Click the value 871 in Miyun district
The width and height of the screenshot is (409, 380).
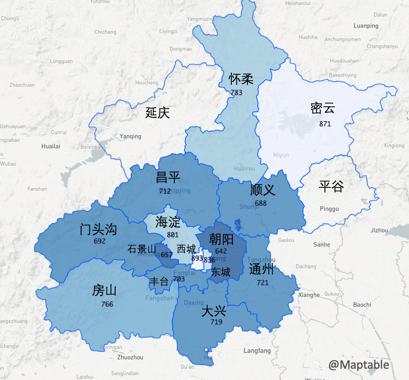(x=325, y=124)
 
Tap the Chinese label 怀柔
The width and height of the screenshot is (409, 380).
(x=241, y=79)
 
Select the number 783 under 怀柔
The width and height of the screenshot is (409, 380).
(x=237, y=92)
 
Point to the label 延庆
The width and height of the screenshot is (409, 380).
(x=157, y=113)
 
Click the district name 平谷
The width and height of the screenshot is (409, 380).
(x=331, y=187)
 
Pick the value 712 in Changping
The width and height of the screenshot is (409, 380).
(x=165, y=191)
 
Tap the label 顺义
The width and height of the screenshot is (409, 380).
(x=263, y=190)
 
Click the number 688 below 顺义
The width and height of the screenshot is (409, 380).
(x=261, y=203)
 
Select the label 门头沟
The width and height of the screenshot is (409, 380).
(x=98, y=229)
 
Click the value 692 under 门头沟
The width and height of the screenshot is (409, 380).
(x=100, y=241)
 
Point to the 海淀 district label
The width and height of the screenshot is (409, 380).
(x=168, y=222)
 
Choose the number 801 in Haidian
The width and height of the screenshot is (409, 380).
(x=172, y=235)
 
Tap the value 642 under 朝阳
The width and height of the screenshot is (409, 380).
(x=221, y=251)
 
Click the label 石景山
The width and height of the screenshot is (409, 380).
(x=141, y=249)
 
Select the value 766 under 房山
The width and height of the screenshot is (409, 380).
(x=107, y=304)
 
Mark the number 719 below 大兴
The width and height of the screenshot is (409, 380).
(x=216, y=322)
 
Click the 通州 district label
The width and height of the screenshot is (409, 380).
(x=261, y=269)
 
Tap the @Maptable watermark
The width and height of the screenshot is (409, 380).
(x=359, y=365)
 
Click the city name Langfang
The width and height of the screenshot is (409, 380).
(x=257, y=351)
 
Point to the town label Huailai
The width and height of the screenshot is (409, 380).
(x=51, y=146)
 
